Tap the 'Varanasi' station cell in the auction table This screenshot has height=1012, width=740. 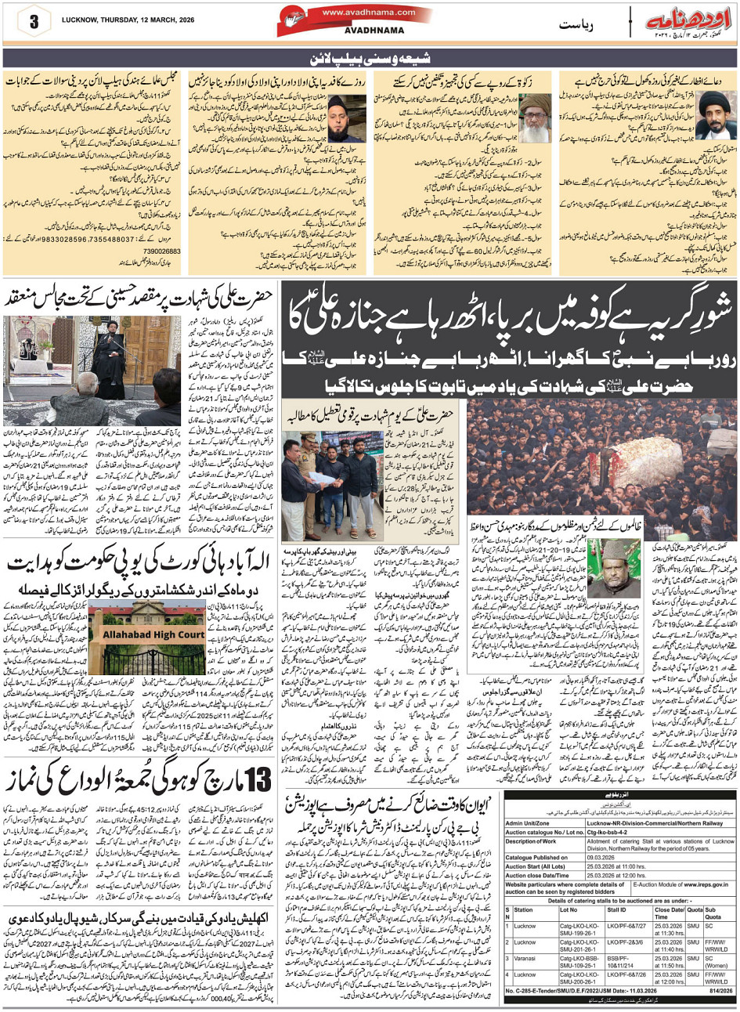click(x=531, y=949)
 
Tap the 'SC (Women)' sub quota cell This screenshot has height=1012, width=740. click(x=717, y=949)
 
